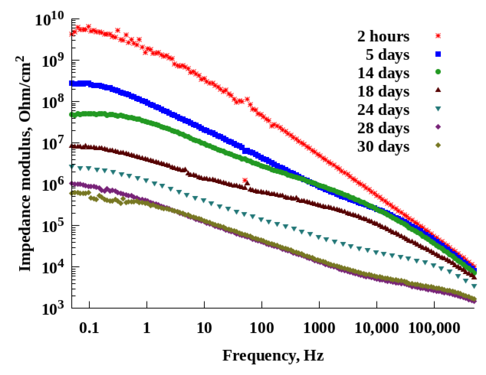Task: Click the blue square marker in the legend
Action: pyautogui.click(x=438, y=54)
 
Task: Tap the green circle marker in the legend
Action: pyautogui.click(x=438, y=72)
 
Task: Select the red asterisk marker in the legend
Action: pyautogui.click(x=438, y=36)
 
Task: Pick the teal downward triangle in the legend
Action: pyautogui.click(x=438, y=109)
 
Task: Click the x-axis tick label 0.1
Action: pyautogui.click(x=89, y=328)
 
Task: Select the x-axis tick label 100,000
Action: pyautogui.click(x=434, y=328)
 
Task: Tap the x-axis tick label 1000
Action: pyautogui.click(x=319, y=328)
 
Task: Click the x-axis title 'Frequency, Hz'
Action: pyautogui.click(x=273, y=355)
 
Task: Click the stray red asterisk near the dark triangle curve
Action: pyautogui.click(x=245, y=180)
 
